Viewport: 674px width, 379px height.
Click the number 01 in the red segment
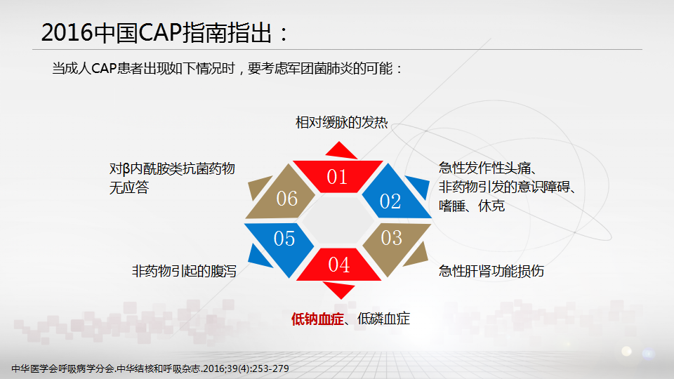pyautogui.click(x=336, y=177)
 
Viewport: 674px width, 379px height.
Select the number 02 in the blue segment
pyautogui.click(x=390, y=201)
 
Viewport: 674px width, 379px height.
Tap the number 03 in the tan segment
pyautogui.click(x=391, y=238)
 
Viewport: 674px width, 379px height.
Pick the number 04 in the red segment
pyautogui.click(x=338, y=265)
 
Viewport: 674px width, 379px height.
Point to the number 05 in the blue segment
pyautogui.click(x=284, y=239)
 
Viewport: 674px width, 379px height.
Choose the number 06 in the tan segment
pyautogui.click(x=286, y=199)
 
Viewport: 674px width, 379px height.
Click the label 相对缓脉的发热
pyautogui.click(x=342, y=122)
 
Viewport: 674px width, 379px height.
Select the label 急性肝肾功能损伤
pyautogui.click(x=491, y=271)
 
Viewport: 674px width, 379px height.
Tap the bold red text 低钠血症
pyautogui.click(x=317, y=319)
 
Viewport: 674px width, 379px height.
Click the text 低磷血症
pyautogui.click(x=383, y=319)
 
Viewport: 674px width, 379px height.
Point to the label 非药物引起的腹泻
pyautogui.click(x=184, y=271)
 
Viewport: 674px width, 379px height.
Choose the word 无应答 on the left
pyautogui.click(x=129, y=188)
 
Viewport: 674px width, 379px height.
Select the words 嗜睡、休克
pyautogui.click(x=472, y=206)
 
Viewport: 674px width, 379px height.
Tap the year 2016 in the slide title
pyautogui.click(x=67, y=33)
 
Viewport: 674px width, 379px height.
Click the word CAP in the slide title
pyautogui.click(x=160, y=33)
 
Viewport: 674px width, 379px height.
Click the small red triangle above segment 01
pyautogui.click(x=341, y=151)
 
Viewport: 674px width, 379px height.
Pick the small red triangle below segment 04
pyautogui.click(x=339, y=289)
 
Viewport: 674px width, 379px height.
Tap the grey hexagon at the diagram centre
pyautogui.click(x=338, y=220)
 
